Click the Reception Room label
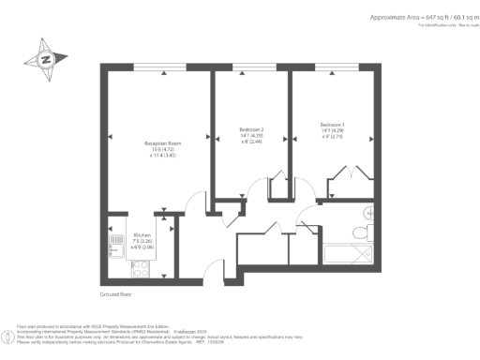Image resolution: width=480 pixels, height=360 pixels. click(142, 142)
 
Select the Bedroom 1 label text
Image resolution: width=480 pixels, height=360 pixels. click(333, 125)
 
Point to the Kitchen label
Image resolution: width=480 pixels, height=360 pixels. click(142, 234)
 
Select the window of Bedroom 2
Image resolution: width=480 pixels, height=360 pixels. click(249, 67)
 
